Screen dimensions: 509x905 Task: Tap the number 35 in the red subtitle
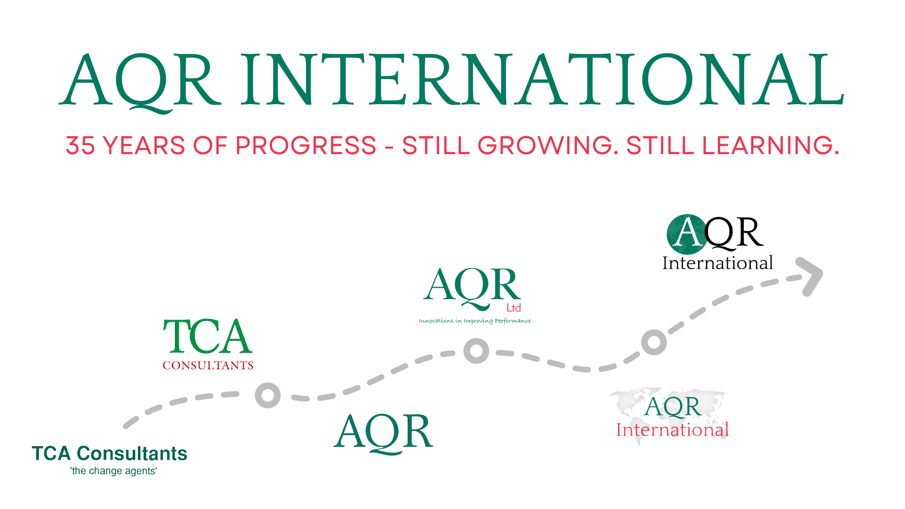[80, 145]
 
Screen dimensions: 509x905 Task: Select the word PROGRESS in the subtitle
[305, 145]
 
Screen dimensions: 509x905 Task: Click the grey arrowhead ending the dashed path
[812, 276]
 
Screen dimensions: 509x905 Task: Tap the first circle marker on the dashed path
[268, 395]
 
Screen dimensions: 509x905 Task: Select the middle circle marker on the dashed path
[476, 351]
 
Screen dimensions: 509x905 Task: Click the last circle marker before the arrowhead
[654, 342]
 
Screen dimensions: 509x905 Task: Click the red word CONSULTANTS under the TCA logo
[208, 366]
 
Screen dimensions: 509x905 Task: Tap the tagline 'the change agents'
[114, 471]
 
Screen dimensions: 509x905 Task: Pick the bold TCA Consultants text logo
[109, 453]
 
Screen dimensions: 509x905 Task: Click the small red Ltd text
[513, 308]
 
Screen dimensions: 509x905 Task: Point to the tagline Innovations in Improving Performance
[474, 321]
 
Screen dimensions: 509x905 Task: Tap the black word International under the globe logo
[717, 263]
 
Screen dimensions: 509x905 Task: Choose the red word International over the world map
[672, 430]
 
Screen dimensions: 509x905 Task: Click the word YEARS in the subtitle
[144, 145]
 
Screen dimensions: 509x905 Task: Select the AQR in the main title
[140, 80]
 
